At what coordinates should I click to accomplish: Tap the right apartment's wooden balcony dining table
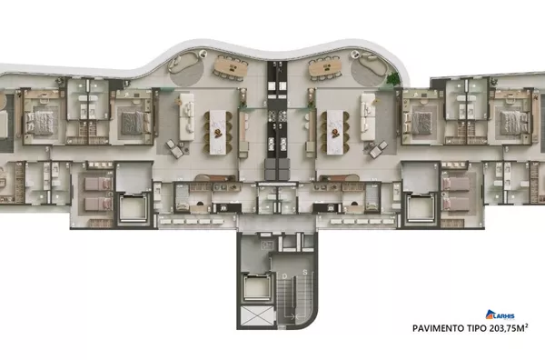[320, 66]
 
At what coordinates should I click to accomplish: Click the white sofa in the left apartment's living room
[188, 103]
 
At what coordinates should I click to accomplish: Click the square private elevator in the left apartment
[132, 208]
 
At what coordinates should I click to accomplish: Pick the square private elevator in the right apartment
[419, 208]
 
